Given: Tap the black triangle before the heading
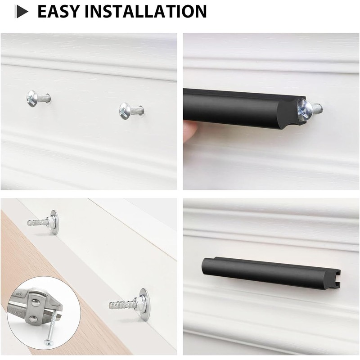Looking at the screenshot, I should tap(22, 12).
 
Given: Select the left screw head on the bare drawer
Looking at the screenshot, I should tap(33, 98).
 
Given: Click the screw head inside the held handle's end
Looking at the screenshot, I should tap(304, 108).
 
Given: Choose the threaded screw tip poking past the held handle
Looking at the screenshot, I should tap(318, 108).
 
